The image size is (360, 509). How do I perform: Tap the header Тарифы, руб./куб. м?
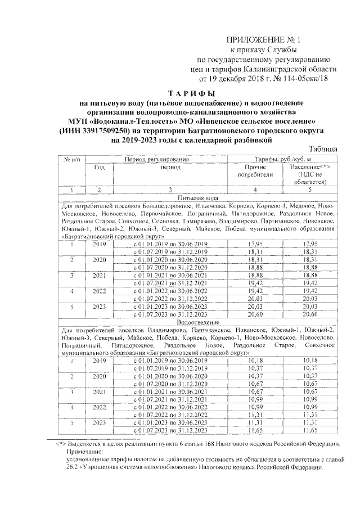click(282, 160)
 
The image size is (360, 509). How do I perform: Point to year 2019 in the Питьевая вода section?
click(100, 244)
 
